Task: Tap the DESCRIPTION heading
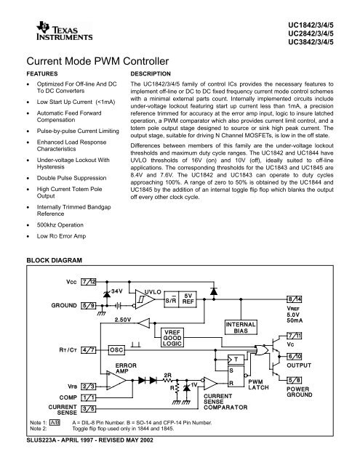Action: [x=150, y=75]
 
